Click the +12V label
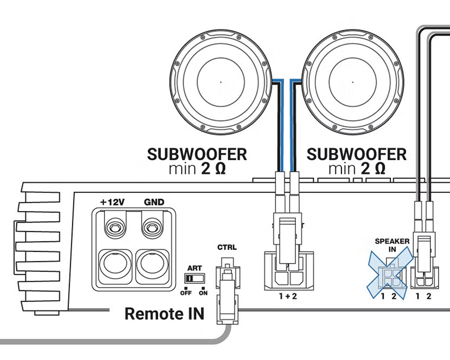[x=112, y=202]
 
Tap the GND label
[x=154, y=202]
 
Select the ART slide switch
[x=195, y=278]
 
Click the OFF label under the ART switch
[x=186, y=293]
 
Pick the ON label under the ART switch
[x=203, y=293]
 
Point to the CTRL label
[x=227, y=247]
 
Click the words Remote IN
[x=164, y=313]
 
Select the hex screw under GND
[x=152, y=228]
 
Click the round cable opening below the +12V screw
[x=116, y=265]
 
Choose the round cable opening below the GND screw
[x=152, y=265]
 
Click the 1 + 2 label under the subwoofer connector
[x=288, y=296]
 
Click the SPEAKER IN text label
[x=392, y=245]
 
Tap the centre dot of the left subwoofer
[x=221, y=82]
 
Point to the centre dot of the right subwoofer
[x=353, y=82]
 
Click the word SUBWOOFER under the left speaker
[x=197, y=154]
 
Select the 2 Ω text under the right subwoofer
[x=373, y=169]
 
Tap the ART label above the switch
[x=195, y=268]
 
